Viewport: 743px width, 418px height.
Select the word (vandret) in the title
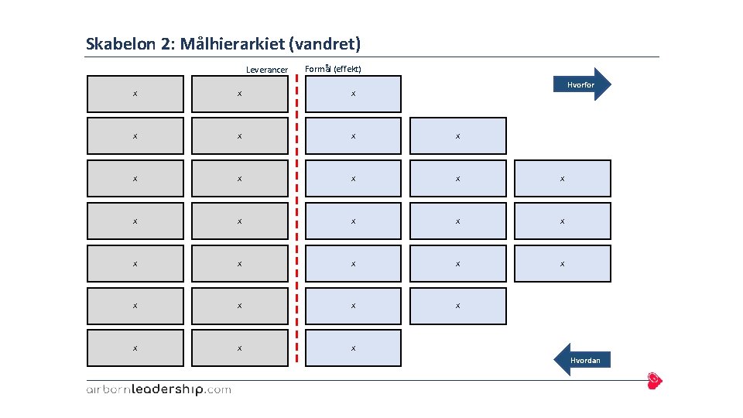coord(324,43)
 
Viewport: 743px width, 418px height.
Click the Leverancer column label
coord(266,70)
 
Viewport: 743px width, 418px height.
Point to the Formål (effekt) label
coord(334,69)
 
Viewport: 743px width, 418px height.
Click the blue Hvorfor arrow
coord(583,84)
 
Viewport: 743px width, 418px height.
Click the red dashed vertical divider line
coord(296,217)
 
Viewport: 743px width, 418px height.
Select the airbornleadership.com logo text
coord(158,389)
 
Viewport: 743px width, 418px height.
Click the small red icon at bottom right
coord(655,380)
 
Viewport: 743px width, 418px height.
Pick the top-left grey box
coord(135,94)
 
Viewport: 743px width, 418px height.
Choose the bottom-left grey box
coord(135,348)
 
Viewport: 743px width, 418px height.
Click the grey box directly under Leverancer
coord(240,94)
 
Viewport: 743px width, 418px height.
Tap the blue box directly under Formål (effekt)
coord(353,94)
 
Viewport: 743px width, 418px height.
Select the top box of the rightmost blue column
coord(562,179)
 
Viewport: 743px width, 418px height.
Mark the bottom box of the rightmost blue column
coord(562,264)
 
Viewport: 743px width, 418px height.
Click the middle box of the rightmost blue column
coord(562,221)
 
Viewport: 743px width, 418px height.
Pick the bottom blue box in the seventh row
coord(353,348)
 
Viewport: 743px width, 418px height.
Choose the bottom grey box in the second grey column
coord(240,348)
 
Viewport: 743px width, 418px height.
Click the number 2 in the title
coord(167,43)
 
